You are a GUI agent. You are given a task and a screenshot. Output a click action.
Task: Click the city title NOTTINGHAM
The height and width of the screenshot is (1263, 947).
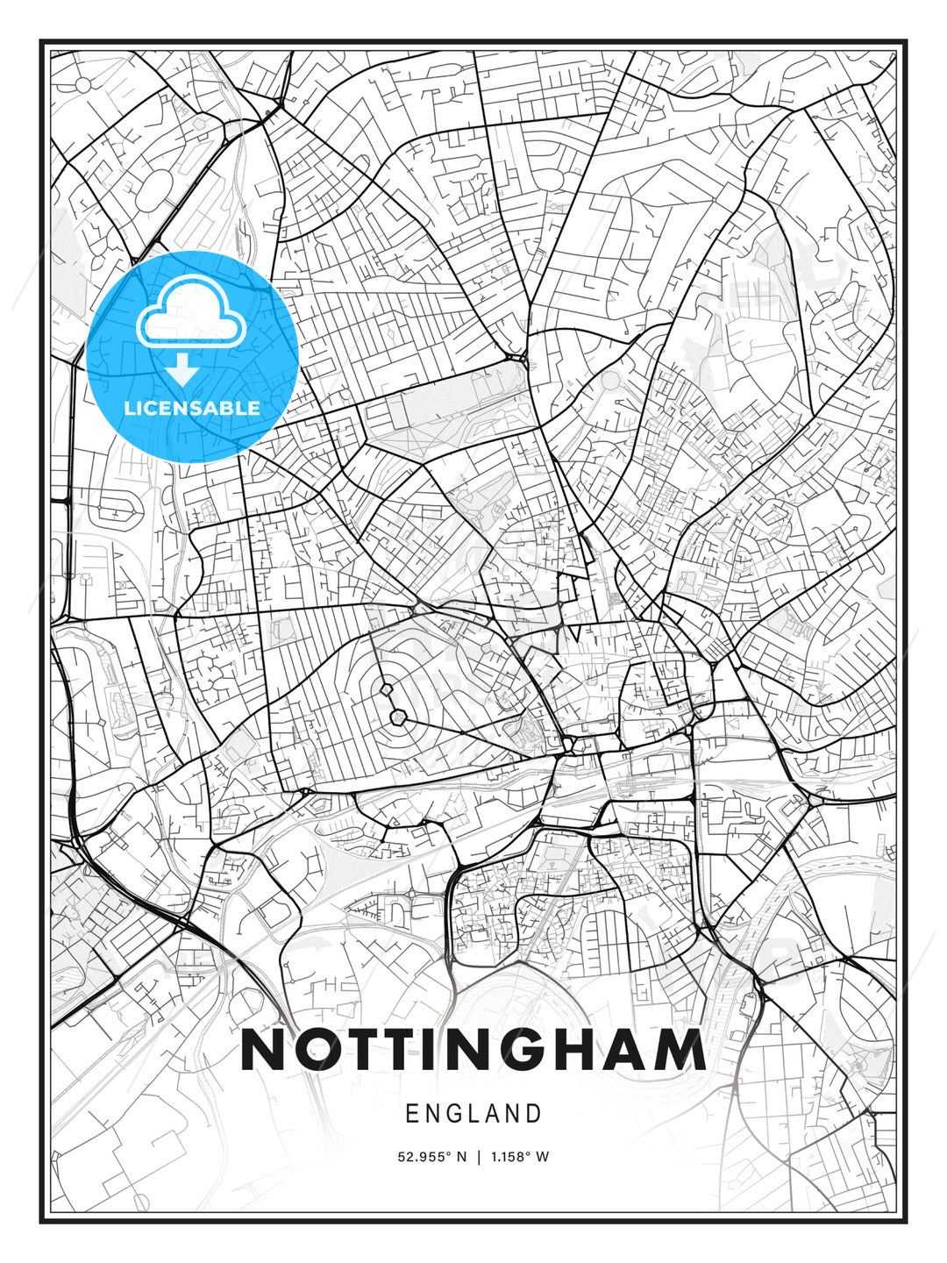tap(473, 1050)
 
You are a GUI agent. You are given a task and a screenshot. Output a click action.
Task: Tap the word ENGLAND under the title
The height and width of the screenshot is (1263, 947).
tap(473, 1114)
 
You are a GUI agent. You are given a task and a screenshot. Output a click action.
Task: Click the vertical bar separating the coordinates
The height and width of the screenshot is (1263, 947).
tap(478, 1157)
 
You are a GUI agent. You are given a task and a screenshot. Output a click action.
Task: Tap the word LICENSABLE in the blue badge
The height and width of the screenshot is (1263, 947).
tap(192, 408)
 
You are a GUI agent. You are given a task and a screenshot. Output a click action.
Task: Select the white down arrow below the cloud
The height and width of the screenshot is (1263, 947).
tap(182, 369)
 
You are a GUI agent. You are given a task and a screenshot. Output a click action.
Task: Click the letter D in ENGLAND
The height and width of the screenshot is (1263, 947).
tap(534, 1114)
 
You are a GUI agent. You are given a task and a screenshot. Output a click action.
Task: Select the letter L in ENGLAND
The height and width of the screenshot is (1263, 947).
tap(471, 1114)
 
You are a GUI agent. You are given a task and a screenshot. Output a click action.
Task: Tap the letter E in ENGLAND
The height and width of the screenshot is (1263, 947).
tap(411, 1114)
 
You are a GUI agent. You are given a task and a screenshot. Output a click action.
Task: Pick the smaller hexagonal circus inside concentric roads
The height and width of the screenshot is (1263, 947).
tap(386, 689)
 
